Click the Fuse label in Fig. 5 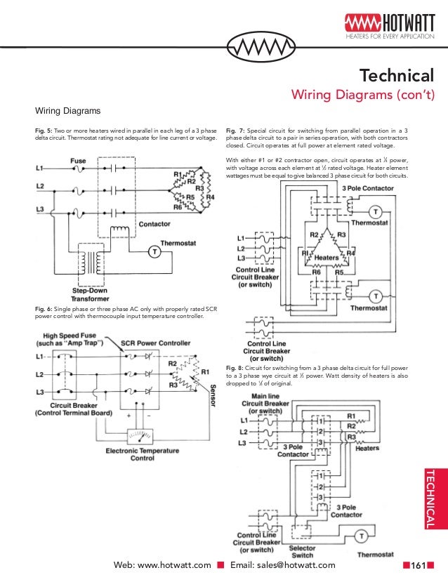click(x=78, y=161)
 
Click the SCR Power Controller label click(x=155, y=343)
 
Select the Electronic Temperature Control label click(x=143, y=454)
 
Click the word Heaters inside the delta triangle click(x=327, y=258)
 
